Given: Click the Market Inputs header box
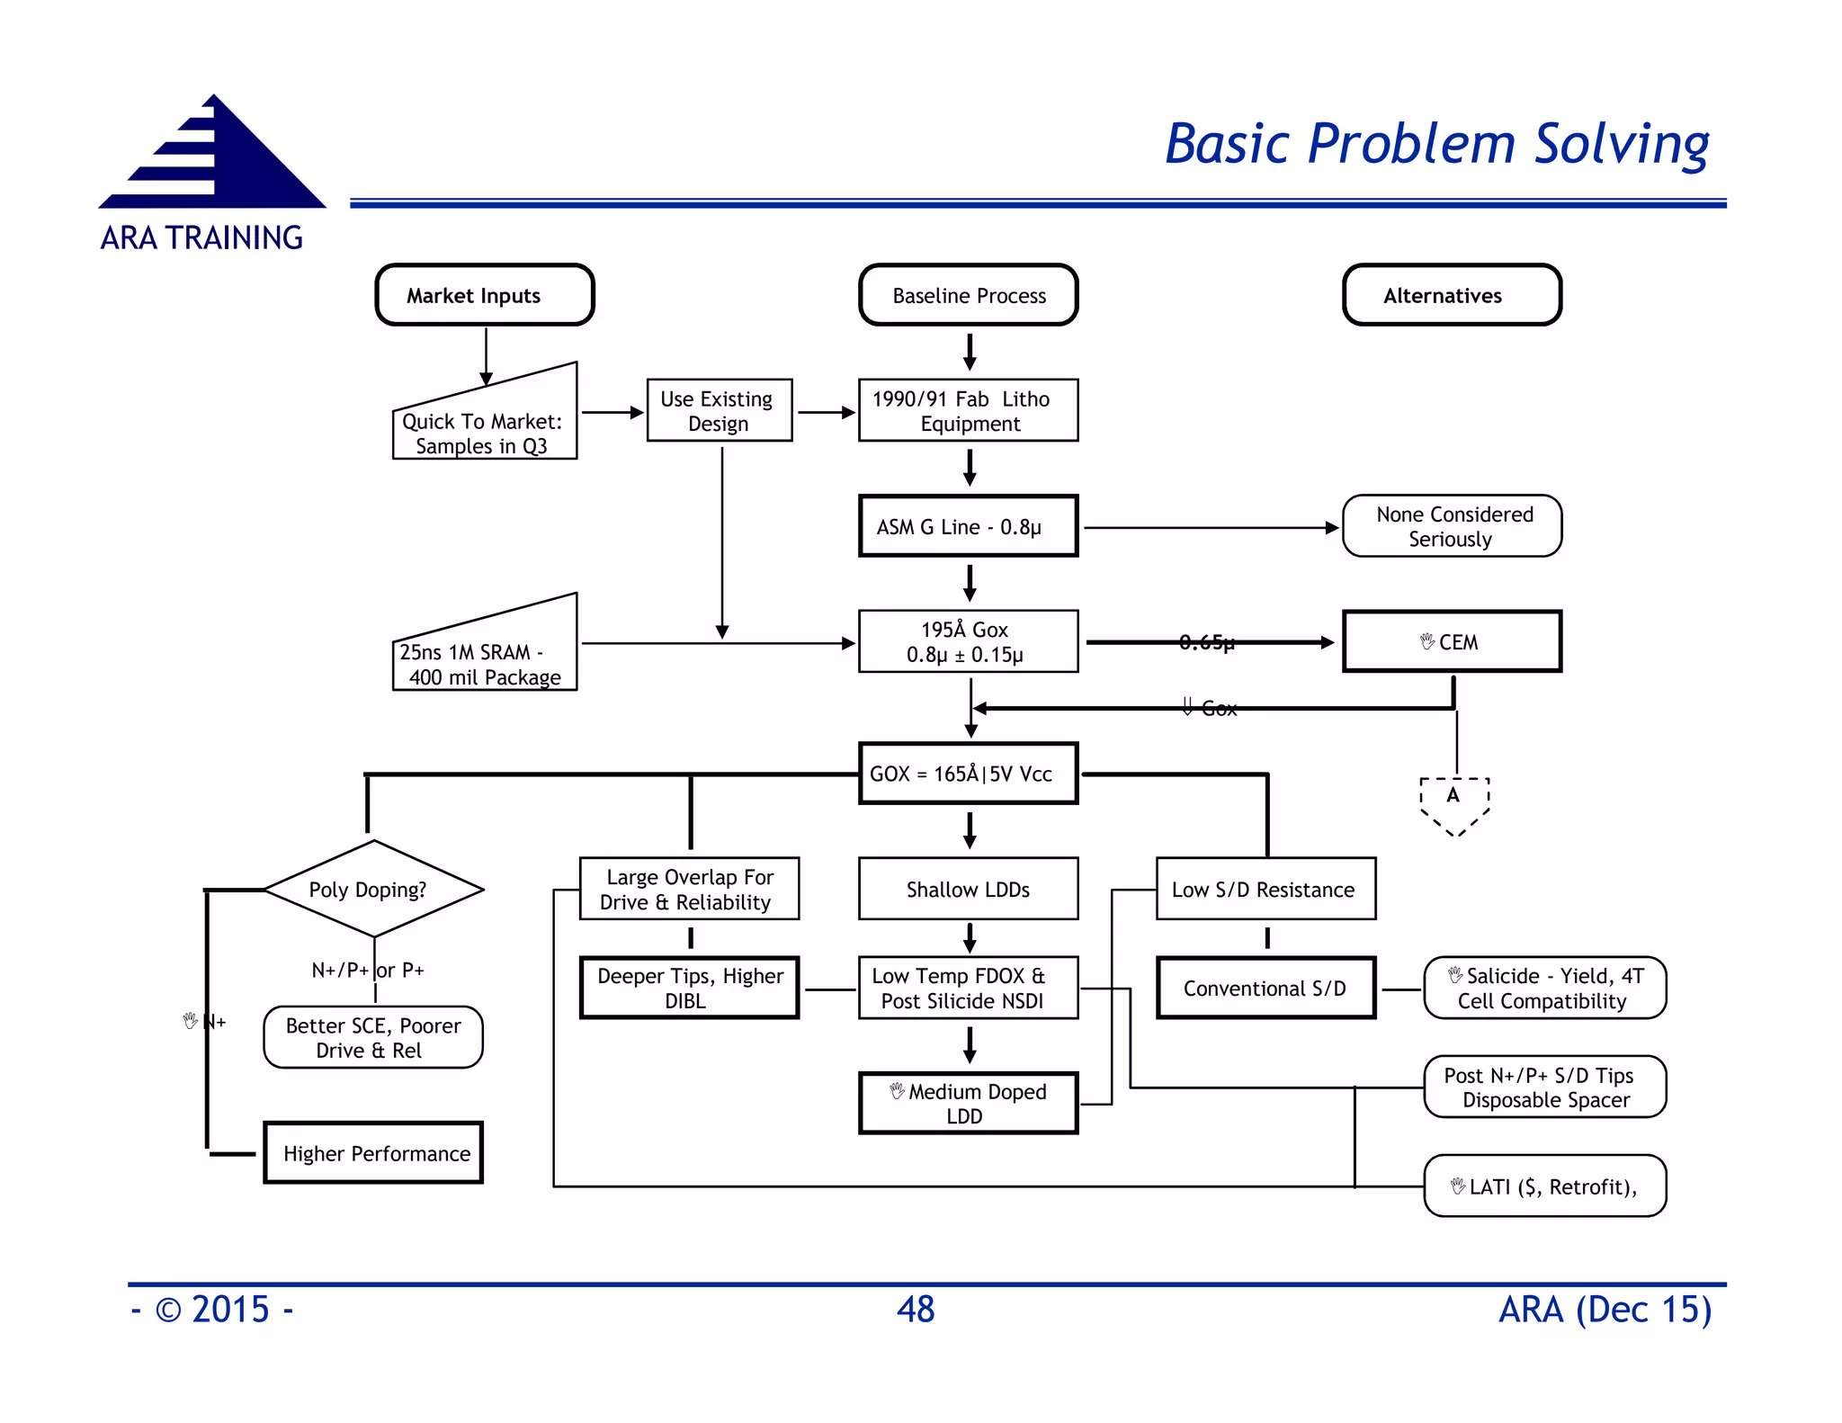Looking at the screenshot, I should pos(484,295).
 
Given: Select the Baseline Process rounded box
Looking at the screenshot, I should pos(968,295).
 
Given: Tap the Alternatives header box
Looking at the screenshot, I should pos(1451,295).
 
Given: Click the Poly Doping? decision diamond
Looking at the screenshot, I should pos(373,889).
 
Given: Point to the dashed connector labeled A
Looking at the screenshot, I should pos(1453,803).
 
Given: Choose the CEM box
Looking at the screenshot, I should pos(1451,641).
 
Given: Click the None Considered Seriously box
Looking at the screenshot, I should pos(1451,526).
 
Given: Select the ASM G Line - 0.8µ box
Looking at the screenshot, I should pos(968,526).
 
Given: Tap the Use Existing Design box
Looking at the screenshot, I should pos(719,411).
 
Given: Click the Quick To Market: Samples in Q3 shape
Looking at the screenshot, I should pos(484,427).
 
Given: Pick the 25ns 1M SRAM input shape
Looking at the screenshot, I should pos(484,657).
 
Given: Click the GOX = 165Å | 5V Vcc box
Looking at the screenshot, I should pos(968,774).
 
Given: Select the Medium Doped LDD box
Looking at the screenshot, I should pos(968,1103).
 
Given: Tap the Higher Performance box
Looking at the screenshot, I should pos(373,1152).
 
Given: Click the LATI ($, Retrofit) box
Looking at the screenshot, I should pos(1544,1186).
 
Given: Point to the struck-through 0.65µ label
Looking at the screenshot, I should pos(1206,642).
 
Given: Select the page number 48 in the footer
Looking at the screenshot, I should pos(915,1309).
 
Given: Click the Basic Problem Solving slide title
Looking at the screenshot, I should pos(1436,144).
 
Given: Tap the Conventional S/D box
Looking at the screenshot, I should pos(1265,988).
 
